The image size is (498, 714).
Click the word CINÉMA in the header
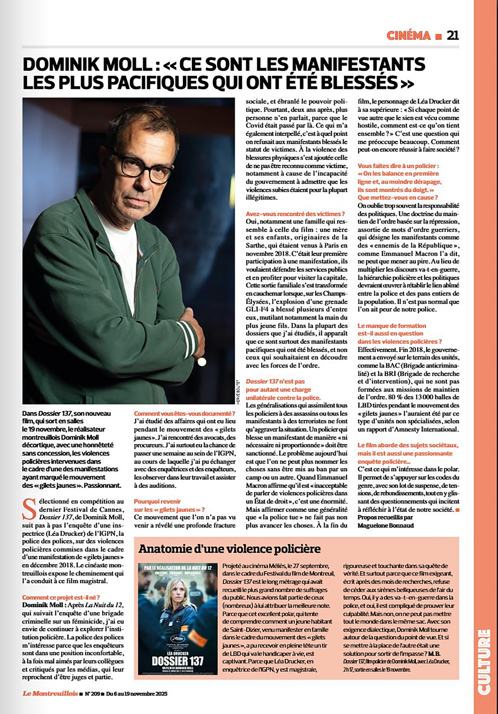(408, 36)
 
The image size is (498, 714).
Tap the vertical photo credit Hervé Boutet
(238, 391)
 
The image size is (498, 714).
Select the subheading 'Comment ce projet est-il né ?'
(61, 597)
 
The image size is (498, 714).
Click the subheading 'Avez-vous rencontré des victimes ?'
(295, 214)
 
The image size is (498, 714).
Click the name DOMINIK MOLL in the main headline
(87, 64)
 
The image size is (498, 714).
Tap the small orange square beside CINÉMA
(438, 37)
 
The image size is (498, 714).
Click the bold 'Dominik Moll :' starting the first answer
(44, 605)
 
